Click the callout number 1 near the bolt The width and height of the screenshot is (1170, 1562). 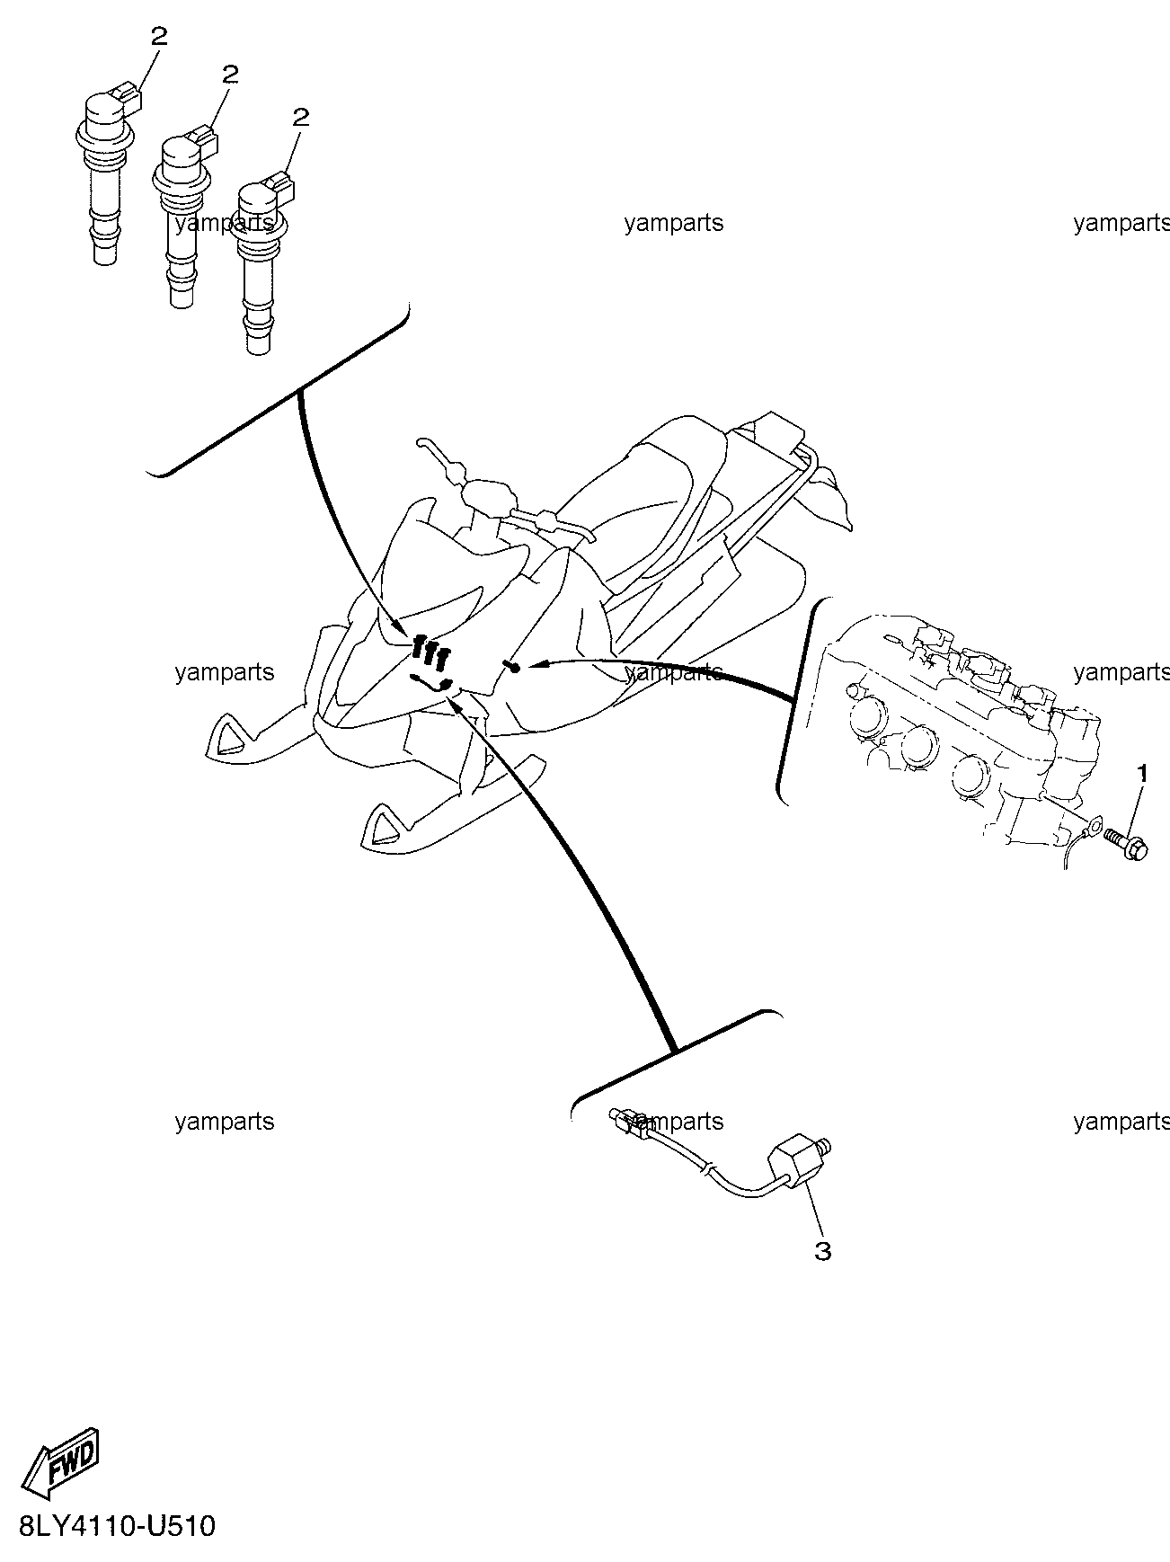coord(1143,772)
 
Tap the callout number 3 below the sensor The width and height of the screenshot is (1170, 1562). coord(822,1250)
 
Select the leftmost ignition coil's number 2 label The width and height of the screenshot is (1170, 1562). coord(159,37)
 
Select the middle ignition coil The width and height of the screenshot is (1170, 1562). coord(184,216)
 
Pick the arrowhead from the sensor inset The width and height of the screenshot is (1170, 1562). coord(456,704)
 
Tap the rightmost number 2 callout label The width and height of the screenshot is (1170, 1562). coord(301,118)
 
